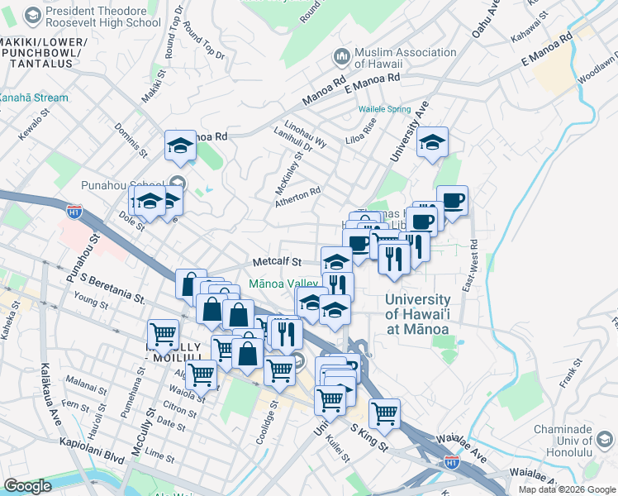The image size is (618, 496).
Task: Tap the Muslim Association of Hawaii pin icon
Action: pos(341,56)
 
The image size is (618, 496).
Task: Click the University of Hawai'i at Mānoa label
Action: pos(417,314)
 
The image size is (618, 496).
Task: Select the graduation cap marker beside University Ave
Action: pos(431,142)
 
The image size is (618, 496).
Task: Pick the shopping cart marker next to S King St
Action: pos(384,413)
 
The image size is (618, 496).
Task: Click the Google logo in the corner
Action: pos(27,486)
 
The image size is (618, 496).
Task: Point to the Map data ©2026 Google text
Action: pos(567,489)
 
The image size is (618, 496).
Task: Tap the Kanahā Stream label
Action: pos(34,98)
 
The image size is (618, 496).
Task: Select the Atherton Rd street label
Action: pos(298,193)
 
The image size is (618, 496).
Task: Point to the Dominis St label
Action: pos(131,141)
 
